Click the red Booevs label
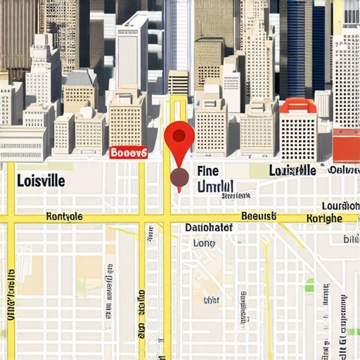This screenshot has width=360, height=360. (129, 152)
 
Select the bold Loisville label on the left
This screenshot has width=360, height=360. (41, 181)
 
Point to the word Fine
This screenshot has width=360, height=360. (209, 171)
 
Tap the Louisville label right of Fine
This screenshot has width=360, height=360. (292, 171)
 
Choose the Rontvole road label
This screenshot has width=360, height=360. (64, 217)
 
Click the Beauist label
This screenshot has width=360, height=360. (259, 217)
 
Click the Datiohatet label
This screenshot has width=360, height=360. (209, 228)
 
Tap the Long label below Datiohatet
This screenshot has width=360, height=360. (204, 243)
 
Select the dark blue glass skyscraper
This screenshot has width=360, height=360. (301, 49)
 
